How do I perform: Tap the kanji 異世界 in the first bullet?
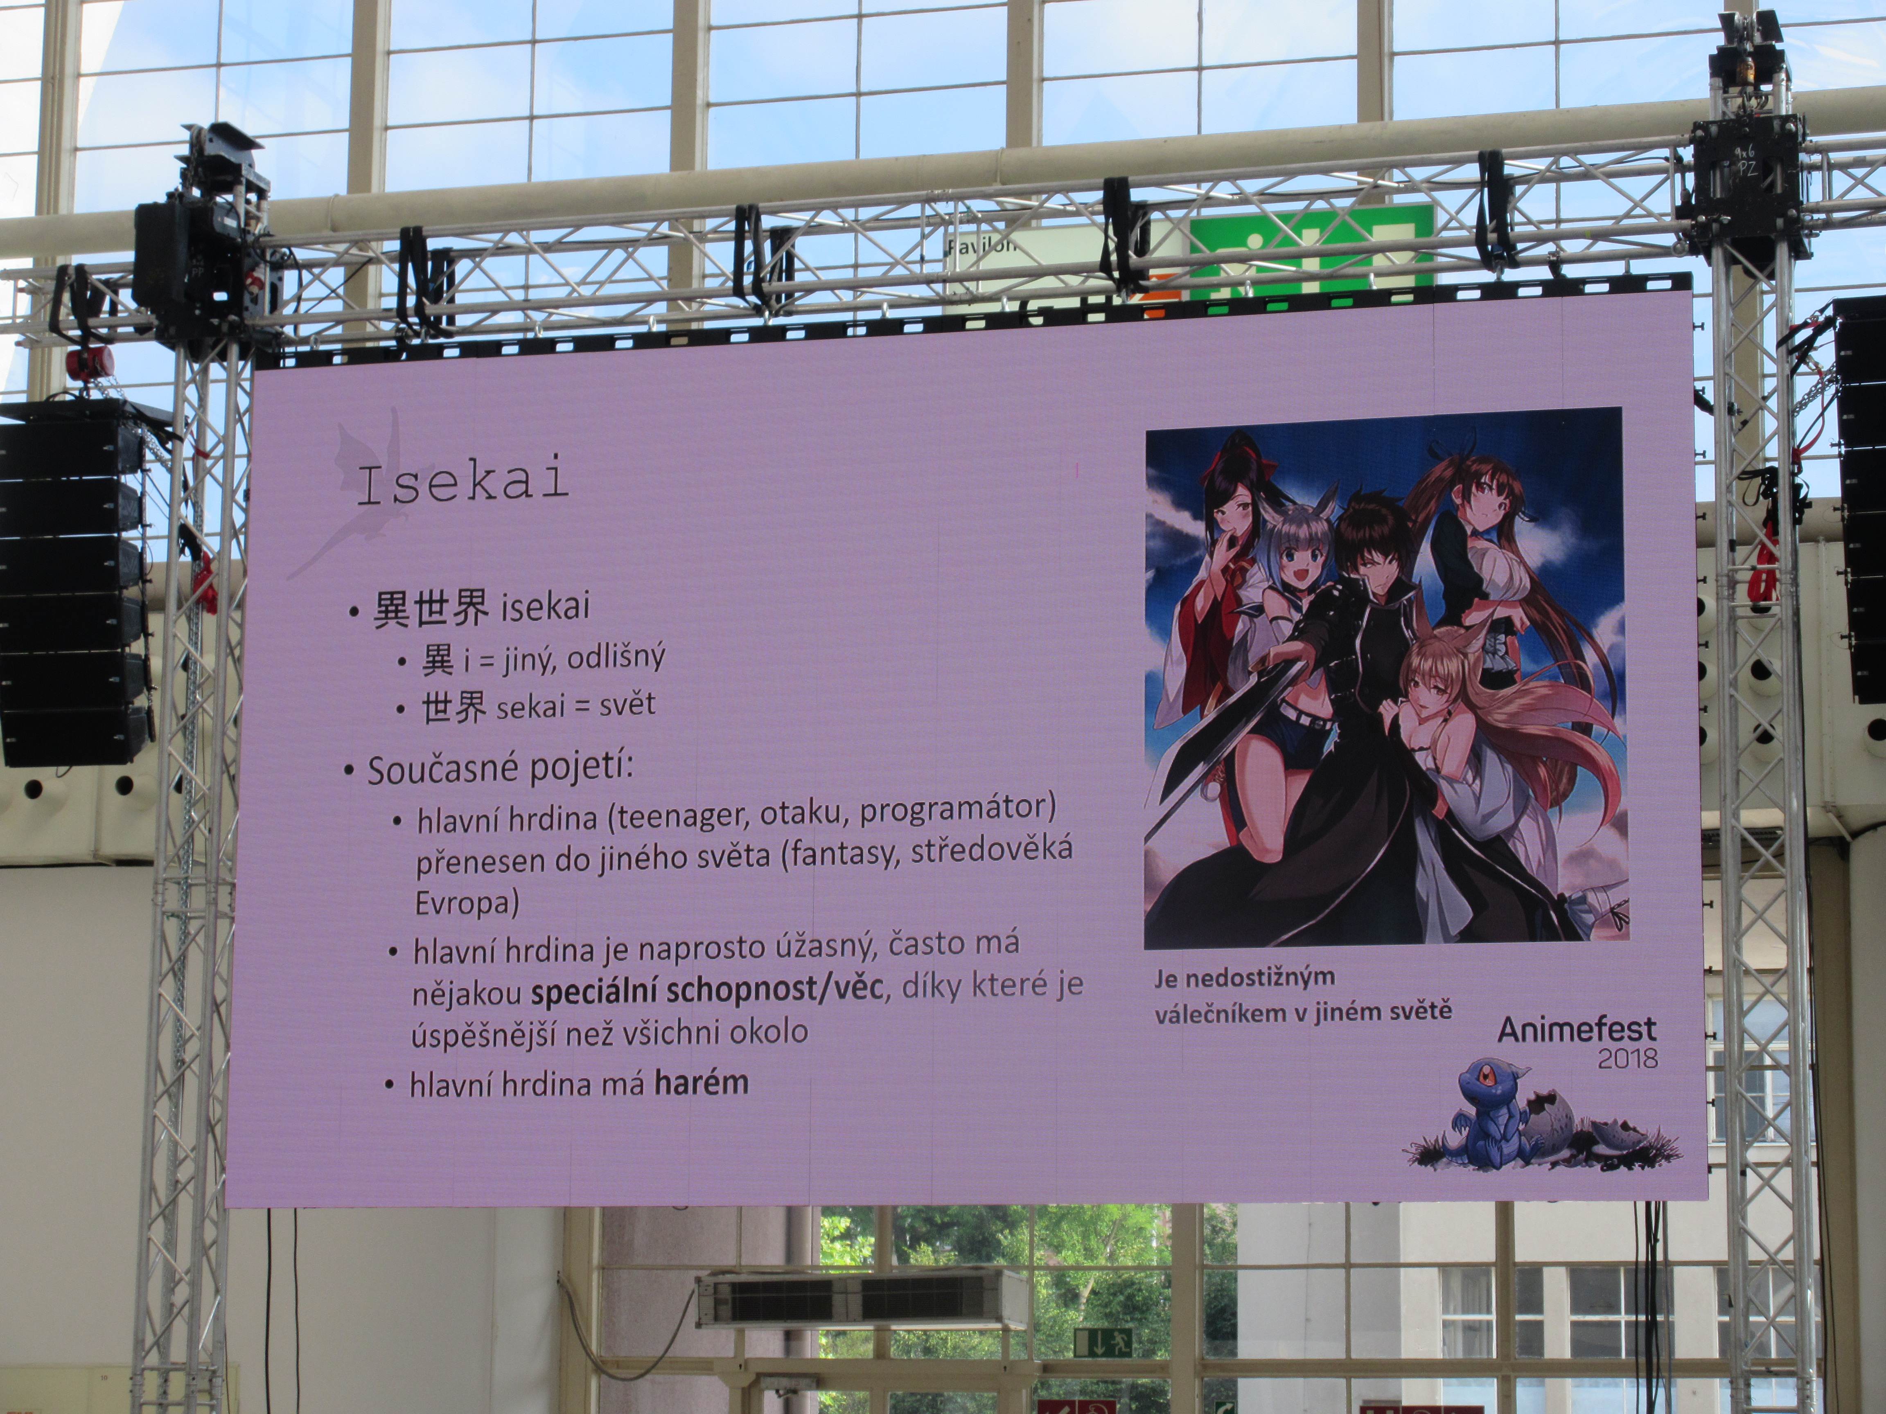click(x=431, y=609)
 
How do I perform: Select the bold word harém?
click(x=701, y=1083)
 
